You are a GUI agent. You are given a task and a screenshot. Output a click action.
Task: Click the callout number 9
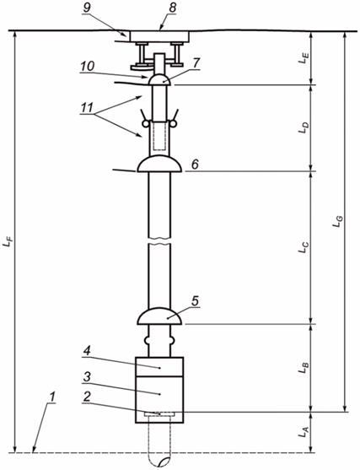[87, 8]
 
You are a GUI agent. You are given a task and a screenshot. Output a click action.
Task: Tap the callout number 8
[173, 8]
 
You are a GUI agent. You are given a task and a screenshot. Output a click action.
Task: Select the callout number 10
[87, 67]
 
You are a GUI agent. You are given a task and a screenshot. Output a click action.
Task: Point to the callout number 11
[87, 108]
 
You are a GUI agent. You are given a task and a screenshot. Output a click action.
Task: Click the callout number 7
[196, 63]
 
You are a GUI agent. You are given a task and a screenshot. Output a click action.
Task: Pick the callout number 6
[195, 165]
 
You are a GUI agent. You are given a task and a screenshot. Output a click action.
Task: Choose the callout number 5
[195, 301]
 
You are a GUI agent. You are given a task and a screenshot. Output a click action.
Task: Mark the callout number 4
[87, 351]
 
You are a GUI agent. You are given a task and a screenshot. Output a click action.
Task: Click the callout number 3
[87, 377]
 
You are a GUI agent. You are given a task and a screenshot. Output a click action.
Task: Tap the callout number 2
[87, 397]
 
